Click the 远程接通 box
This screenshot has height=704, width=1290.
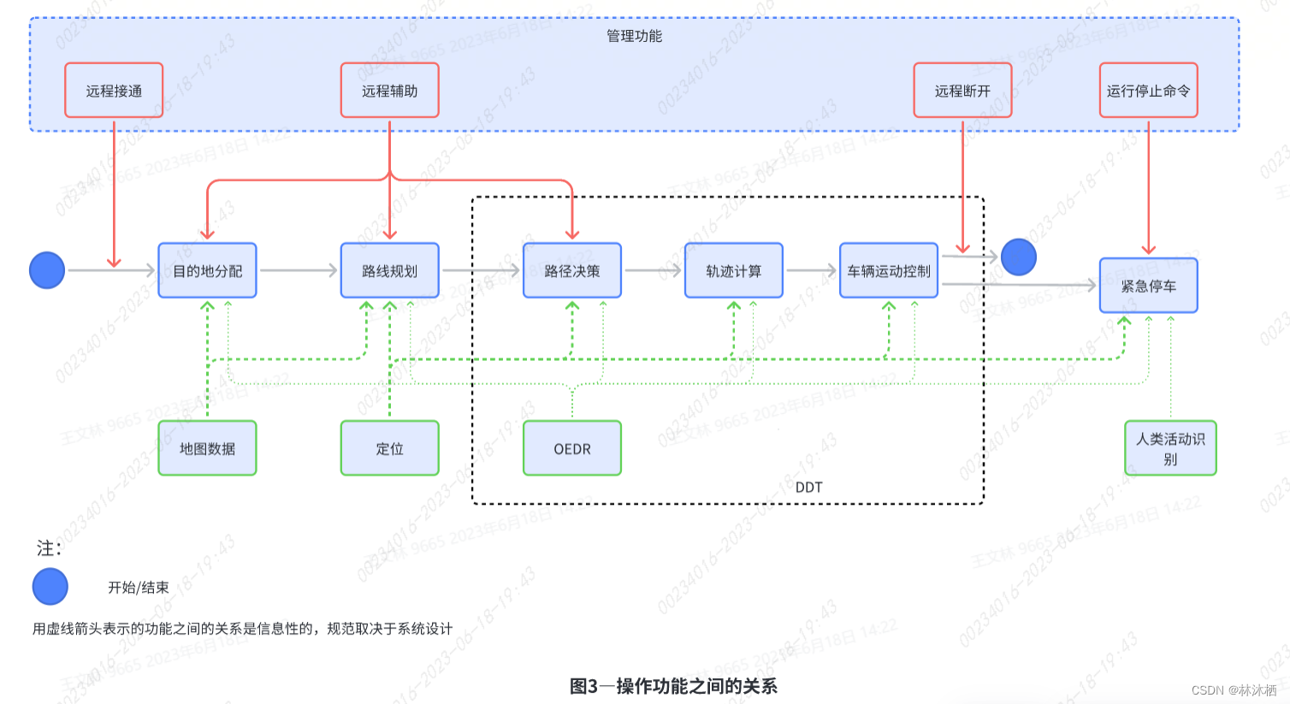(114, 91)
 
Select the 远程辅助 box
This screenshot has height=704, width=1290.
(389, 91)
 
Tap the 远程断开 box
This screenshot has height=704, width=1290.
(962, 91)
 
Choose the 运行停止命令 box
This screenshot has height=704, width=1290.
(1148, 91)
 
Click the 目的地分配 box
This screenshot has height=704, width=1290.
(207, 271)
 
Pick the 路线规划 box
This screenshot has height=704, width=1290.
(389, 271)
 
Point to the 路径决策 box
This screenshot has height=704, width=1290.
(572, 271)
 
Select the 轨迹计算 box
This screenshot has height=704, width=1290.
(733, 271)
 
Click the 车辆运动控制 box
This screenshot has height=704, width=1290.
(889, 271)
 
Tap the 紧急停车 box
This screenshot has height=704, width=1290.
(1148, 286)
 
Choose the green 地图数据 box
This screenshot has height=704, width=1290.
(207, 448)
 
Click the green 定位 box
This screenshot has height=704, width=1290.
(389, 448)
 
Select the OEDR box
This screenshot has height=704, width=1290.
(572, 448)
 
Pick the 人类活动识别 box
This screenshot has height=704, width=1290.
(1170, 448)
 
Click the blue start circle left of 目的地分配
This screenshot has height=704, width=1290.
(47, 270)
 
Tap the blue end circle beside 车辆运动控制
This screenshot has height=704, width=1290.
(1018, 257)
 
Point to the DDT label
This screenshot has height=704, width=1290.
(808, 488)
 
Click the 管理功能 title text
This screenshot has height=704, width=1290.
(634, 36)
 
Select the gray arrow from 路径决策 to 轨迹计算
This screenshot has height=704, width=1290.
(653, 271)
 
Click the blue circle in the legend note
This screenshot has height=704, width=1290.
(50, 587)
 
